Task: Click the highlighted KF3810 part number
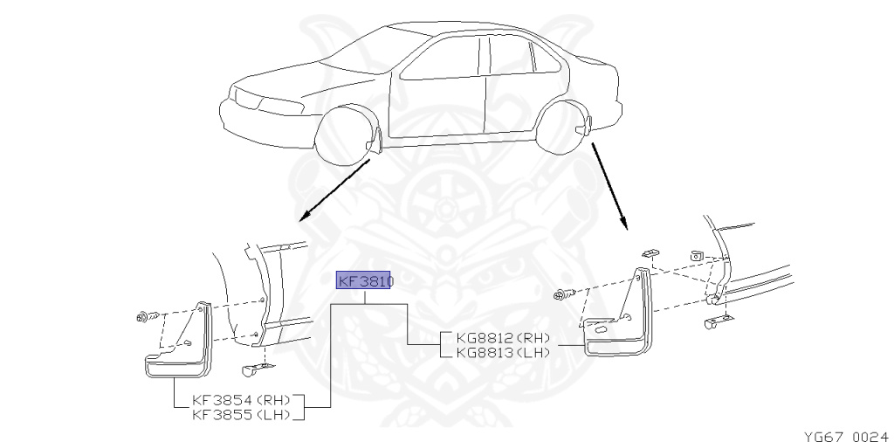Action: (x=366, y=281)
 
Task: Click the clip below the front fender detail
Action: (x=254, y=369)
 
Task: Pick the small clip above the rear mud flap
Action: (x=650, y=252)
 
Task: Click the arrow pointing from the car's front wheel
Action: (x=333, y=192)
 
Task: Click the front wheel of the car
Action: (x=345, y=135)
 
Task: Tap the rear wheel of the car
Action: (x=562, y=128)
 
